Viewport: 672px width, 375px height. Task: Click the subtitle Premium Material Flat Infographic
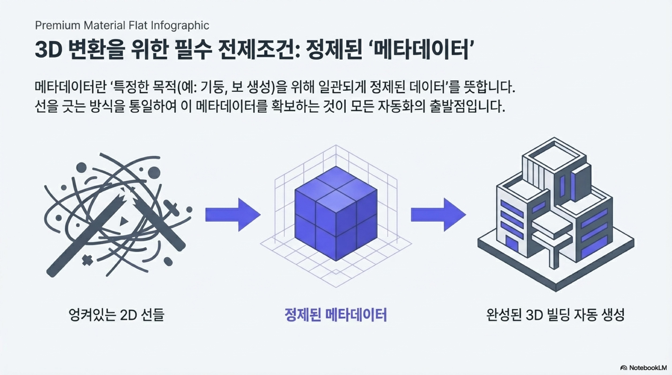tap(122, 26)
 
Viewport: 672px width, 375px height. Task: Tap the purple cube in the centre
tap(336, 214)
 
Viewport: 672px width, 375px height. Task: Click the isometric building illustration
tap(556, 214)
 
